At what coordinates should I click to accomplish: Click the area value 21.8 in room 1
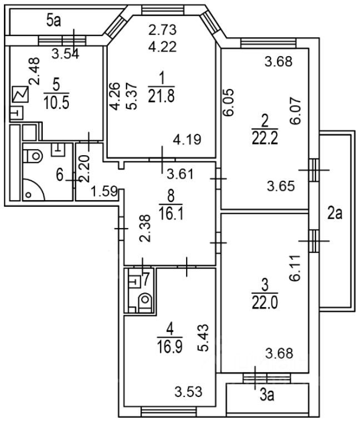[161, 96]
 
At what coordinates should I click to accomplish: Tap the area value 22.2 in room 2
[264, 138]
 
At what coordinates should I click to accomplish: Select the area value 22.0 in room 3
[264, 303]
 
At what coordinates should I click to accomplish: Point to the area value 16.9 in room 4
[169, 346]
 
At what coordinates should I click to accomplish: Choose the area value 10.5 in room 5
[56, 103]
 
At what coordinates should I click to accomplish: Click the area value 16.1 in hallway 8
[171, 213]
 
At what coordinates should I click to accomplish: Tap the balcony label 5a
[53, 21]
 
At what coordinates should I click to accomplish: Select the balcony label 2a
[335, 213]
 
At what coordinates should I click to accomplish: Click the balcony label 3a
[267, 395]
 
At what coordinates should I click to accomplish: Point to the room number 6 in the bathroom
[60, 175]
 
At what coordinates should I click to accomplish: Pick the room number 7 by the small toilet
[146, 279]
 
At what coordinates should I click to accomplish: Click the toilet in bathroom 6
[33, 156]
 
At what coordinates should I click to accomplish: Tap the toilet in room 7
[145, 302]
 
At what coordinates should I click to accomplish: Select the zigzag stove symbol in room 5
[21, 95]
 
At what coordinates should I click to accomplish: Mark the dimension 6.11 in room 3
[295, 268]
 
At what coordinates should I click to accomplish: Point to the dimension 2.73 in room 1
[162, 29]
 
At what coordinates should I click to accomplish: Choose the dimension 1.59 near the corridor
[104, 191]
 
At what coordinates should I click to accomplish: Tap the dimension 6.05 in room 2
[229, 102]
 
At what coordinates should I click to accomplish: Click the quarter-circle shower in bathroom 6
[33, 189]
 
